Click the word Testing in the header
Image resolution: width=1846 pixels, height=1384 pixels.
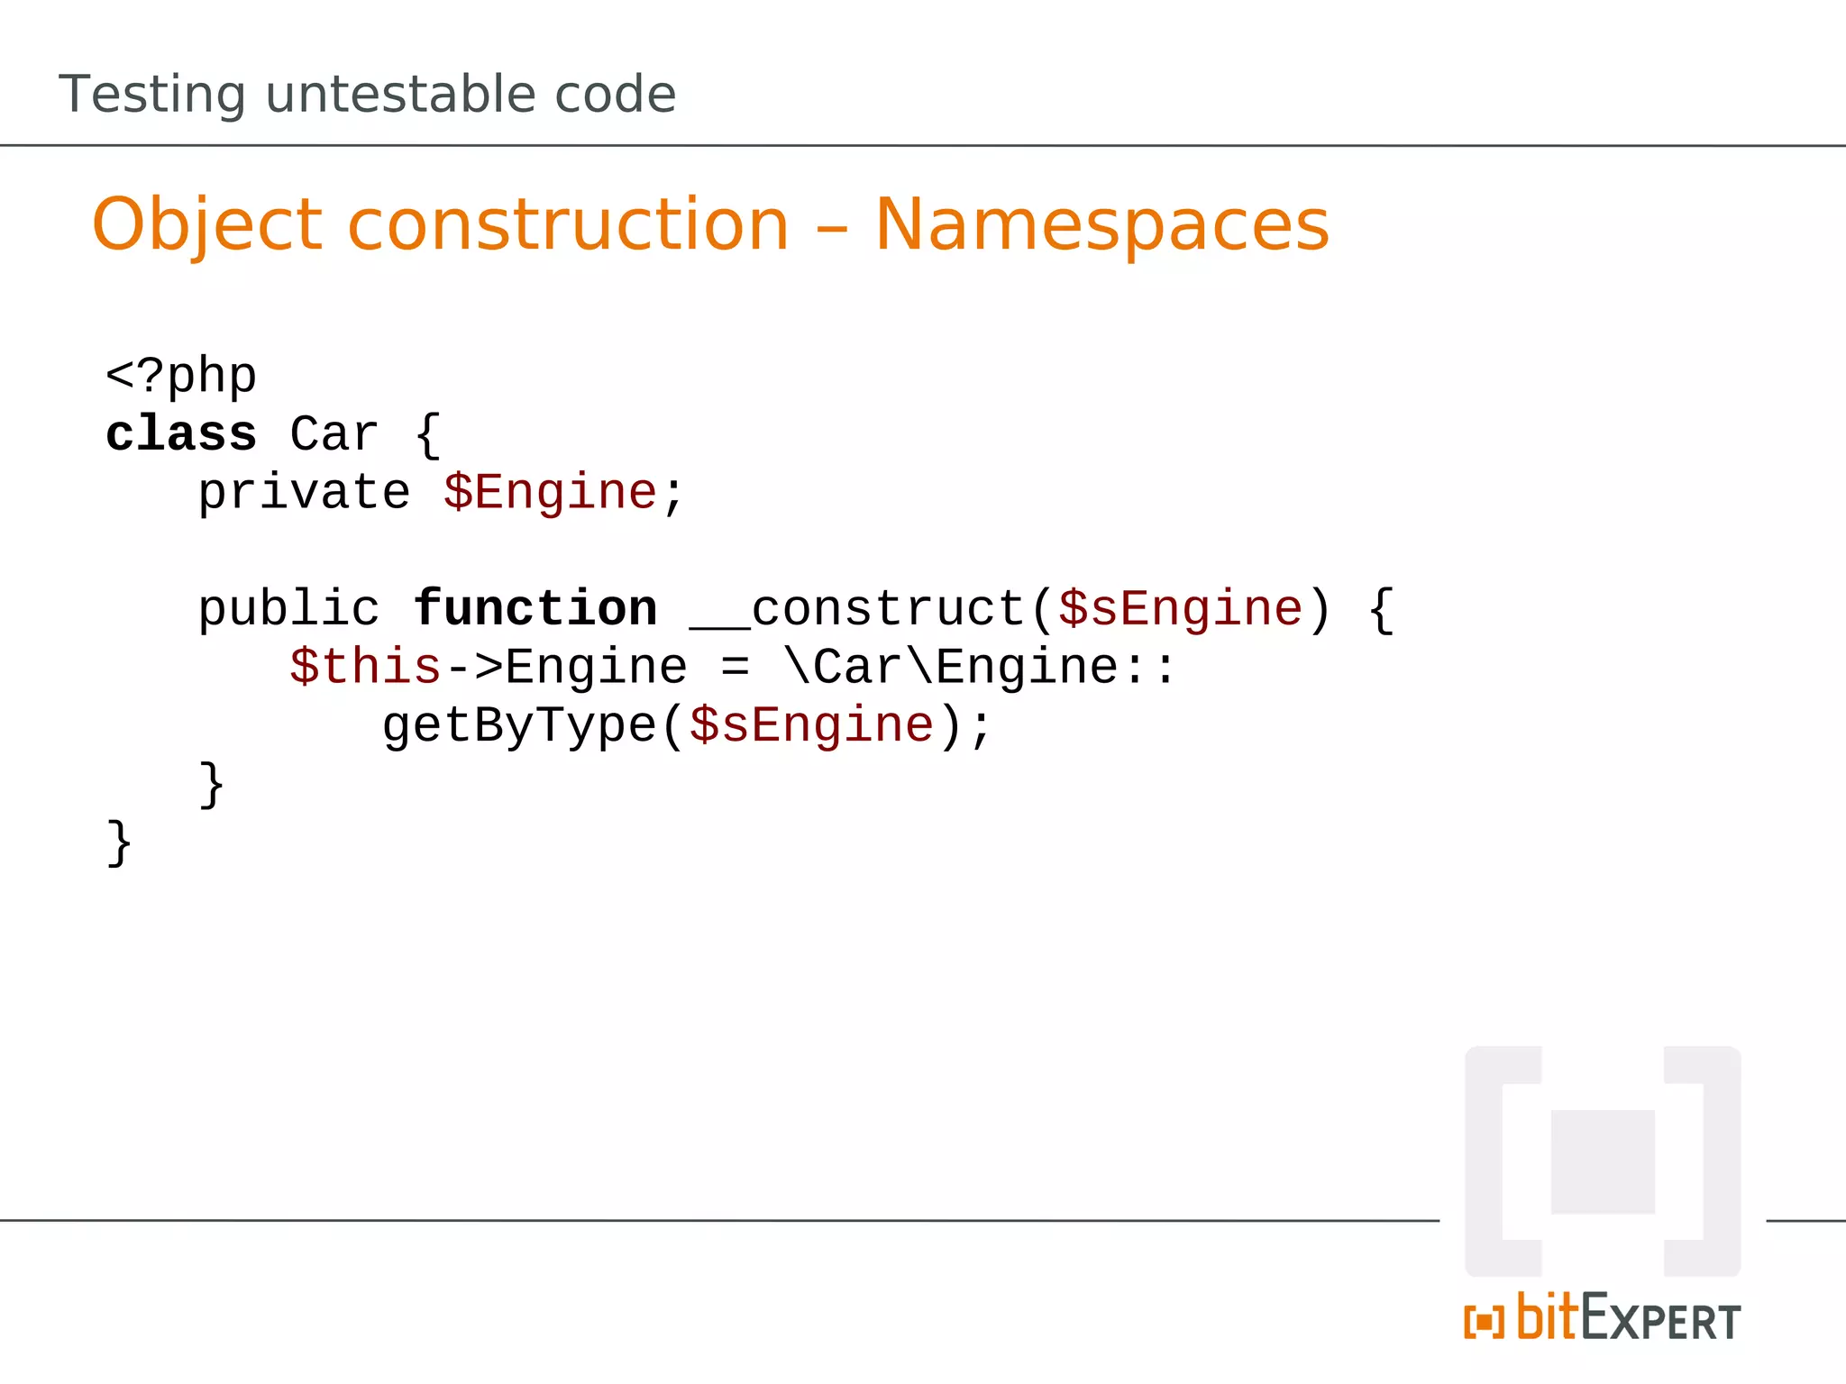click(152, 95)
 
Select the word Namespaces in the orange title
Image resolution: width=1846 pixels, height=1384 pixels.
click(1101, 225)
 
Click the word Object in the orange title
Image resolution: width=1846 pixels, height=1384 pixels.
click(206, 225)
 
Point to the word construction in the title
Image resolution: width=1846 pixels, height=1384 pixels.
click(568, 225)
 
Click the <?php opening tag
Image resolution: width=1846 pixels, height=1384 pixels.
click(181, 375)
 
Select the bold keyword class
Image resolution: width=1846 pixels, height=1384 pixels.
click(181, 434)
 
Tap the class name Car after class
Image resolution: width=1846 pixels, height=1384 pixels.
click(334, 434)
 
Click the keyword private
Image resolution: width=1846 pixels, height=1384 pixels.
click(304, 493)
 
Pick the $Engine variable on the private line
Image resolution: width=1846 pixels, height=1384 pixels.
click(550, 493)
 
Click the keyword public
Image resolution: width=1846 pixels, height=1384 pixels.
click(288, 609)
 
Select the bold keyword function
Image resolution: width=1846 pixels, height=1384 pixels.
click(535, 609)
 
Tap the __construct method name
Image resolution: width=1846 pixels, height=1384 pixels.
click(856, 609)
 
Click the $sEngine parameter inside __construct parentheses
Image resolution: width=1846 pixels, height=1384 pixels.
click(1181, 609)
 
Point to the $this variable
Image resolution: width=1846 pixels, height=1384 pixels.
click(365, 668)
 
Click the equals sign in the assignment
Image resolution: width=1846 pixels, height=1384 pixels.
click(735, 668)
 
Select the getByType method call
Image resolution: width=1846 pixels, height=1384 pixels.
click(519, 726)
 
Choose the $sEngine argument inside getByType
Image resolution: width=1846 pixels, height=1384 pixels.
click(811, 726)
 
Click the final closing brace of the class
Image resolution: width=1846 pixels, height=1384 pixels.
click(119, 843)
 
